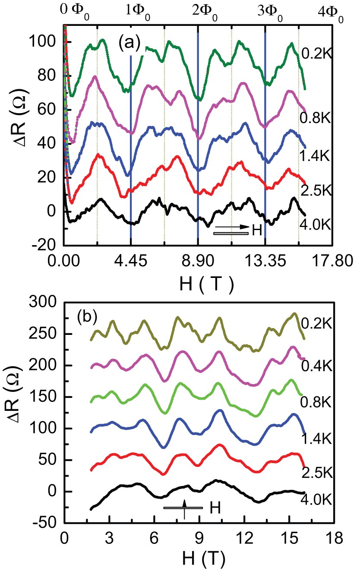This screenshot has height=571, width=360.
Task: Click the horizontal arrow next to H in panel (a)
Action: click(x=232, y=227)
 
